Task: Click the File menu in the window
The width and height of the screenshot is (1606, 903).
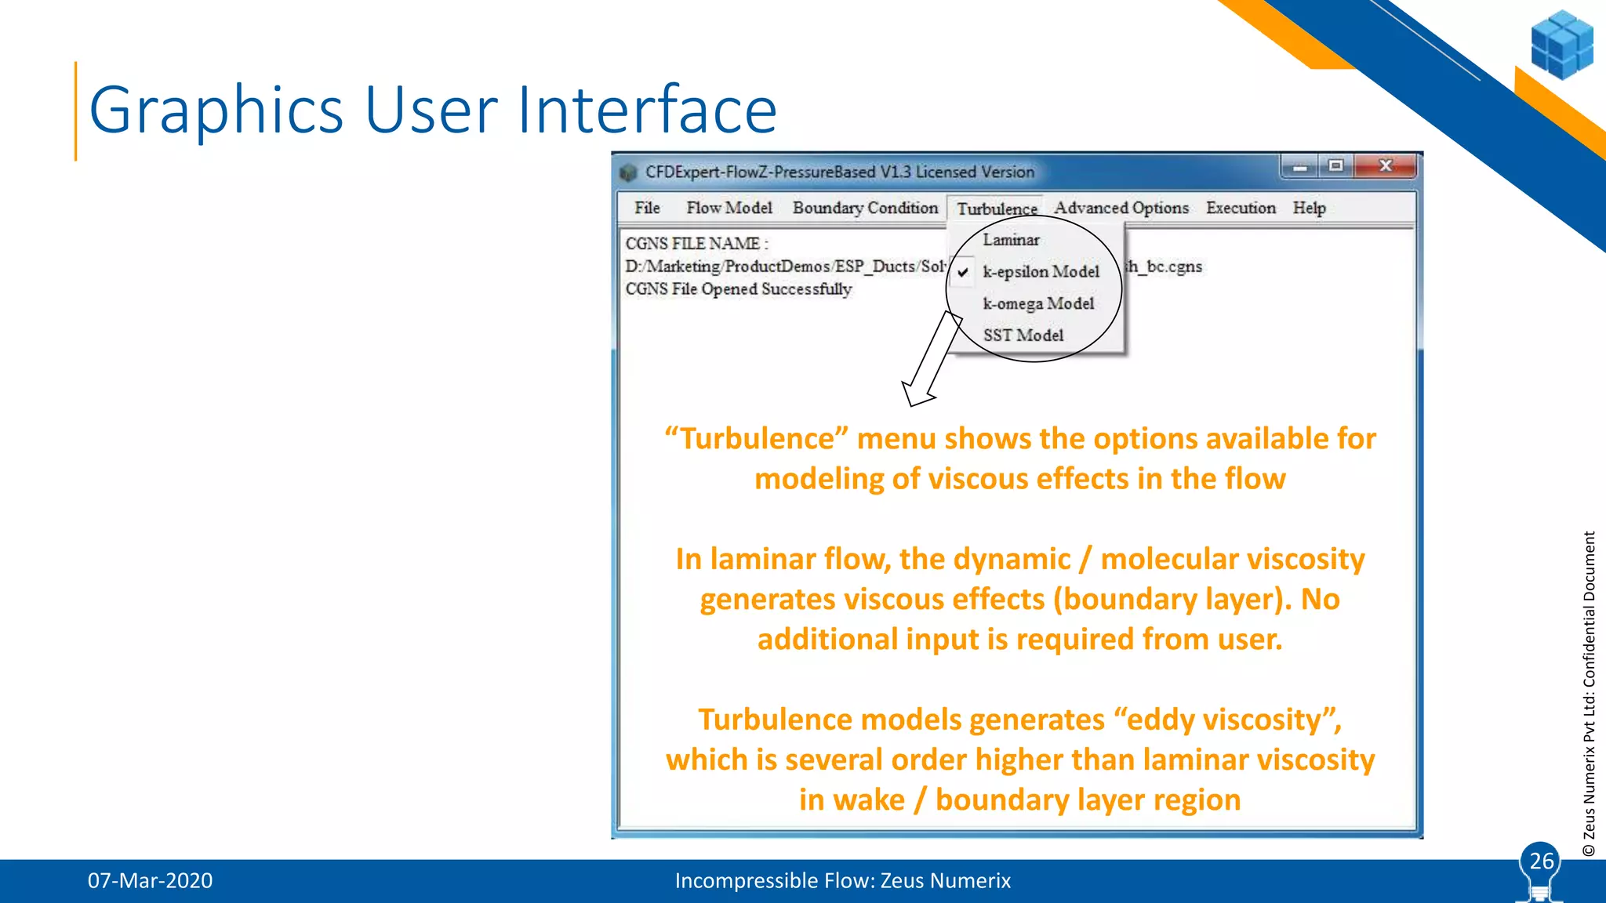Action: click(x=647, y=208)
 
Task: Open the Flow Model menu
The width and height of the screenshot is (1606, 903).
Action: click(x=729, y=208)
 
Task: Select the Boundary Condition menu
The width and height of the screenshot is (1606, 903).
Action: click(x=865, y=208)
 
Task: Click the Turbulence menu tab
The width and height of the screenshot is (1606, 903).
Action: click(x=997, y=209)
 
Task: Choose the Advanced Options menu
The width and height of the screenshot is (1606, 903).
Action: click(x=1121, y=208)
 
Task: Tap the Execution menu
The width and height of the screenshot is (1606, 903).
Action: click(x=1241, y=208)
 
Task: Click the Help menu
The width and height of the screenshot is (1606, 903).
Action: click(x=1309, y=208)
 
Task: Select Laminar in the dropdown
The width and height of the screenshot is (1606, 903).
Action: click(x=1011, y=240)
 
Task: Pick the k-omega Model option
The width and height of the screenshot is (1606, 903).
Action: click(x=1038, y=303)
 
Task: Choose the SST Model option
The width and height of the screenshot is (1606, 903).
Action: click(x=1023, y=335)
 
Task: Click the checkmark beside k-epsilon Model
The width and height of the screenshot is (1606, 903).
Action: click(x=963, y=272)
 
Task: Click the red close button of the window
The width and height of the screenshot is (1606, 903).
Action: click(x=1386, y=165)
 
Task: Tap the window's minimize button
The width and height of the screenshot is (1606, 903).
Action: click(x=1299, y=166)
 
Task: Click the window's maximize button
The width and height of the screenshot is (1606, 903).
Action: click(x=1336, y=165)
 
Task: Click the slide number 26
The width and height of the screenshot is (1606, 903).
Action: click(x=1541, y=861)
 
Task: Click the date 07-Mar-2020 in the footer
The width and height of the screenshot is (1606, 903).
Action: click(x=150, y=880)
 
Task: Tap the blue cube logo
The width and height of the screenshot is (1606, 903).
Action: click(x=1561, y=45)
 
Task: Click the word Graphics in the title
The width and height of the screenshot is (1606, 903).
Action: click(x=216, y=110)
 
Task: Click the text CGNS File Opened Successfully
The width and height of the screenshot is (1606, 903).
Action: click(x=738, y=289)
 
